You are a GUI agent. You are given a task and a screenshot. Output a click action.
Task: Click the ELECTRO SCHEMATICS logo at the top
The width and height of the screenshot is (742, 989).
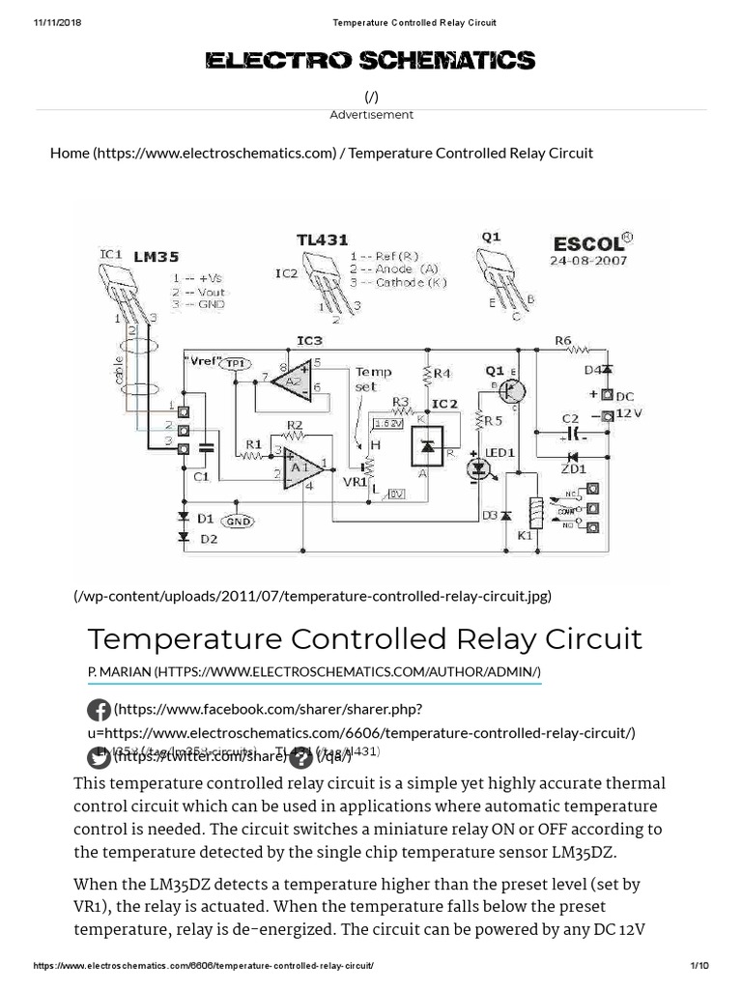370,62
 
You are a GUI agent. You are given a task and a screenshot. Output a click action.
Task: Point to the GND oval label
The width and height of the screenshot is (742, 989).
237,521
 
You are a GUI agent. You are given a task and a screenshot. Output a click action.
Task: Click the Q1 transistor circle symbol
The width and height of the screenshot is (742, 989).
513,391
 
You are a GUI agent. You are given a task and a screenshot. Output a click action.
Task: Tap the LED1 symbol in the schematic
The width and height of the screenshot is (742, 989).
478,468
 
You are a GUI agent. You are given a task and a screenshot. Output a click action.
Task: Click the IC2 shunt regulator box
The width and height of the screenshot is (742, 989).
430,445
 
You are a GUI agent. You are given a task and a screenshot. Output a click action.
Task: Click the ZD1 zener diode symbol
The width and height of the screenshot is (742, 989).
571,457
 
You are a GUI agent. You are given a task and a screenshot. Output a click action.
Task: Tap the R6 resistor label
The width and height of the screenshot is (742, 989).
562,340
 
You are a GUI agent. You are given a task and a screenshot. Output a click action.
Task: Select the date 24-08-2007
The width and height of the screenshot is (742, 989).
589,260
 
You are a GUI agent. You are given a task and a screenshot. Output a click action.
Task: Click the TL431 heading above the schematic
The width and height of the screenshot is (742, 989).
322,239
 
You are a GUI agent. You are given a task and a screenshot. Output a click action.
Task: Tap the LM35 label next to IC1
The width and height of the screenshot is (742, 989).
157,257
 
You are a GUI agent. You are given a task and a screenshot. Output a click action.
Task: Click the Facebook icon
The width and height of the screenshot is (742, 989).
99,712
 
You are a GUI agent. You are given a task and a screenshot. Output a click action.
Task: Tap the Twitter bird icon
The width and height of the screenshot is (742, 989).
99,756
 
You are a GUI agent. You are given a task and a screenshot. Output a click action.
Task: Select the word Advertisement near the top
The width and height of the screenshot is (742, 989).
371,115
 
